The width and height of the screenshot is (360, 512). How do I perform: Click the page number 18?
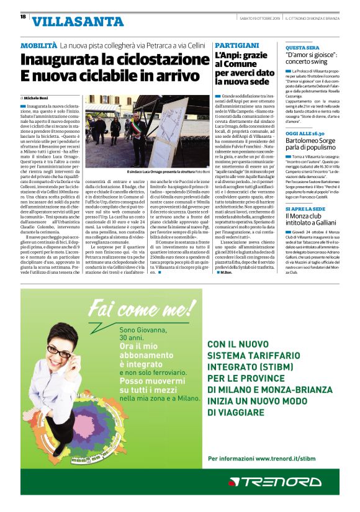click(22, 17)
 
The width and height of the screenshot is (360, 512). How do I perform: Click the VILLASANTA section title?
click(77, 22)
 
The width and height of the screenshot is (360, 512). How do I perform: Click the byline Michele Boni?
click(40, 98)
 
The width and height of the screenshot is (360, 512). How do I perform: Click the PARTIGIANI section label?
click(236, 46)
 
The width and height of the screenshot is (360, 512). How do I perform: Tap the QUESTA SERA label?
click(302, 47)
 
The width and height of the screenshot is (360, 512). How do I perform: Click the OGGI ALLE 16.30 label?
click(305, 133)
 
